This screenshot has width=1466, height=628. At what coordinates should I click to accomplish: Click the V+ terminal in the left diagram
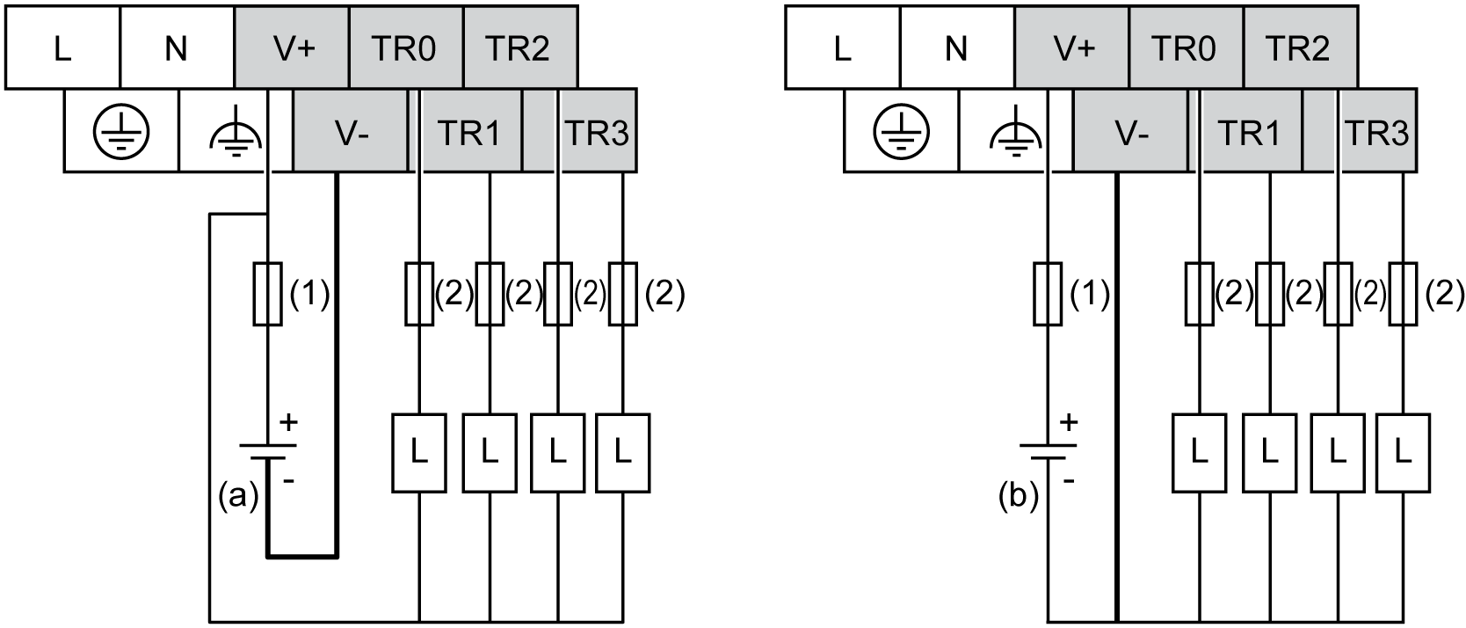tap(293, 47)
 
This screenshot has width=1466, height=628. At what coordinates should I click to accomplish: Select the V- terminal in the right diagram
tap(1131, 133)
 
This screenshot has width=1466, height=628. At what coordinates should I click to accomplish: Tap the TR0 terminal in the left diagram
tap(405, 47)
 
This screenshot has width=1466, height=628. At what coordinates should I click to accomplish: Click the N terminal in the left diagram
tap(176, 47)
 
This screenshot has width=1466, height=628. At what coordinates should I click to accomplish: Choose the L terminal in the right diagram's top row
tap(842, 47)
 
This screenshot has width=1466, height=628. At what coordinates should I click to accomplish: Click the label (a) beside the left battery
tap(237, 498)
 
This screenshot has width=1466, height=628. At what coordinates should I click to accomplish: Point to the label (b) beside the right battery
tap(1018, 498)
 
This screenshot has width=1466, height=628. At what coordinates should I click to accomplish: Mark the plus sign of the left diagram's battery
tap(288, 423)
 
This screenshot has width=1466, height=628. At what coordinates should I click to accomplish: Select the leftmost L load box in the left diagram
tap(418, 453)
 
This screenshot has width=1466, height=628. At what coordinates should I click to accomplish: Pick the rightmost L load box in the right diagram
tap(1403, 453)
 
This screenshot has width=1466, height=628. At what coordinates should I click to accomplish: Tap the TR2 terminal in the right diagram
tap(1298, 47)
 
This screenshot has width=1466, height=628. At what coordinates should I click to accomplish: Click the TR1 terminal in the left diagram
tap(468, 133)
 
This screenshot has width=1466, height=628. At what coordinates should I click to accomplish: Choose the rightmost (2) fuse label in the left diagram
tap(664, 294)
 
